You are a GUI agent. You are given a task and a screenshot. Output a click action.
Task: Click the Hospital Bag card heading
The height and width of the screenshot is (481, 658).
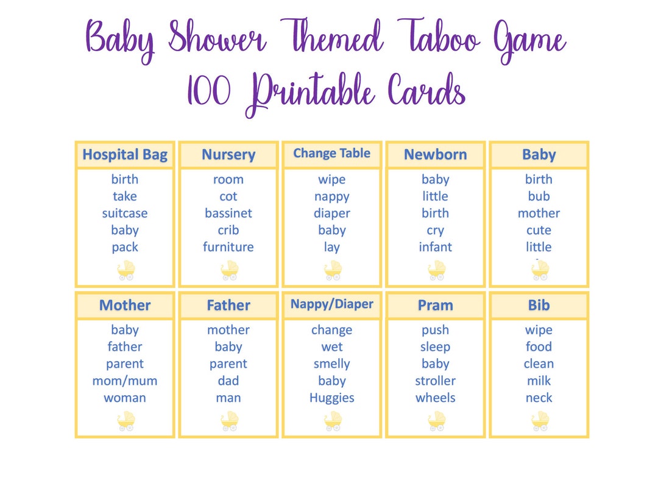click(125, 155)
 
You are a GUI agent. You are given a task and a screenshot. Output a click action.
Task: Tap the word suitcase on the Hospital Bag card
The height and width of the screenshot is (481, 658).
click(125, 213)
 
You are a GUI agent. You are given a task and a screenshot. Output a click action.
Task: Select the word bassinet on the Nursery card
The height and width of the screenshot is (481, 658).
click(228, 213)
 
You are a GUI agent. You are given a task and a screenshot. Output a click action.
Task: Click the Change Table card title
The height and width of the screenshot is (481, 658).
click(332, 153)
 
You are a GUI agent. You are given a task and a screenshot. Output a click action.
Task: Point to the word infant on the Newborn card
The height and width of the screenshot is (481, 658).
click(436, 247)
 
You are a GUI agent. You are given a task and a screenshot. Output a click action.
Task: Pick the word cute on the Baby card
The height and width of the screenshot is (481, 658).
click(539, 230)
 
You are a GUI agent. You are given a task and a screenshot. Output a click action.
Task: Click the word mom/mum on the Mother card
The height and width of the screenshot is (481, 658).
click(125, 381)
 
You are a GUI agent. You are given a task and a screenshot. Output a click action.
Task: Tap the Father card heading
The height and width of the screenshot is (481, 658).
click(228, 305)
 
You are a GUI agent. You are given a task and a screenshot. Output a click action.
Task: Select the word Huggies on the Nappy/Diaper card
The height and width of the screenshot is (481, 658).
click(332, 398)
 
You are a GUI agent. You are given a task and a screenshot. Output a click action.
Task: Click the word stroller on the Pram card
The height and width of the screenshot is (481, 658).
click(436, 381)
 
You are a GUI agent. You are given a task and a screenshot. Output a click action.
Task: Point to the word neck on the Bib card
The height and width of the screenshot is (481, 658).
click(539, 398)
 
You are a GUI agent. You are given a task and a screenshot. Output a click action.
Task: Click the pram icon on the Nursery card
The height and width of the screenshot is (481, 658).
click(230, 270)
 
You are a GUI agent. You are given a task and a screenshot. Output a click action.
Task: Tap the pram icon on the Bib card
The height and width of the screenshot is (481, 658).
click(540, 421)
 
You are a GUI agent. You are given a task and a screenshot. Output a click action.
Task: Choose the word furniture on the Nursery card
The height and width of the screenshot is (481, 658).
click(228, 247)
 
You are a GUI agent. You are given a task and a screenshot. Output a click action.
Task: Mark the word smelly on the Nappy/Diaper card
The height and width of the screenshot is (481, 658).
click(332, 363)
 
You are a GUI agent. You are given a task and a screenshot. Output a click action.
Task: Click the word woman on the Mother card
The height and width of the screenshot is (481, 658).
click(125, 398)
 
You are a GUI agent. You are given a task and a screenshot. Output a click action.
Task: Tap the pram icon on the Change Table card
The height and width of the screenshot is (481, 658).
click(333, 270)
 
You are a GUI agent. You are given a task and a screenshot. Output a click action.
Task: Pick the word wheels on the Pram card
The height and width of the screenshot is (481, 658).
click(436, 398)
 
